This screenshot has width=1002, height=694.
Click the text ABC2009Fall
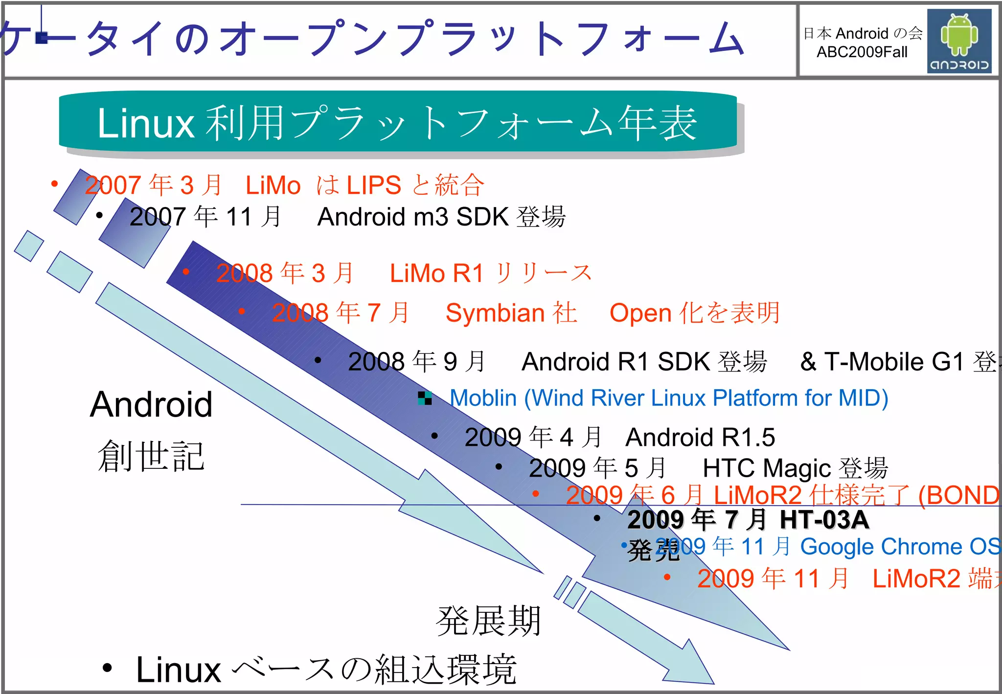862,52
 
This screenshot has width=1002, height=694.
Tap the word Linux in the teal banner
146,123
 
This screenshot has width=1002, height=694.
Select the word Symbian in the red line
495,313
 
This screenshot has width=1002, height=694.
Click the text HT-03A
824,519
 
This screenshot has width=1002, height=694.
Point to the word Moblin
483,398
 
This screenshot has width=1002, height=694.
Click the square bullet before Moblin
425,398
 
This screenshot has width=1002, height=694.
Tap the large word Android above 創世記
151,405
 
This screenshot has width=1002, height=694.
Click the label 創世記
151,456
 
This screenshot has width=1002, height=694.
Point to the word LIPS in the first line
374,185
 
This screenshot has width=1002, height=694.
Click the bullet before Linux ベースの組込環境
107,668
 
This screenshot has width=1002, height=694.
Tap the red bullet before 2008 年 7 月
242,311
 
